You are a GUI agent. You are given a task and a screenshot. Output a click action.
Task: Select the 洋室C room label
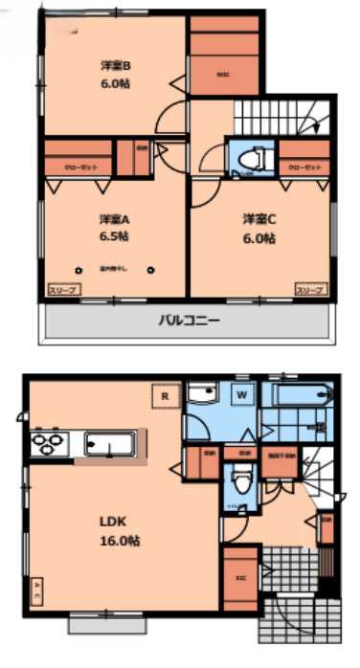[x=258, y=217]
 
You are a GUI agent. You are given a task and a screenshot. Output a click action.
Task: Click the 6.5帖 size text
[x=114, y=235]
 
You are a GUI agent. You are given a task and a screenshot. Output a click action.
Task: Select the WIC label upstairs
[x=222, y=75]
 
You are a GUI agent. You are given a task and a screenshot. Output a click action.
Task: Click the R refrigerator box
[x=166, y=392]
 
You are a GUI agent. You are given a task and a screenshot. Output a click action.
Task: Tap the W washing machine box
[x=241, y=393]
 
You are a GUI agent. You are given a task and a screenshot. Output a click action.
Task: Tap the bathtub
[x=302, y=393]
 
